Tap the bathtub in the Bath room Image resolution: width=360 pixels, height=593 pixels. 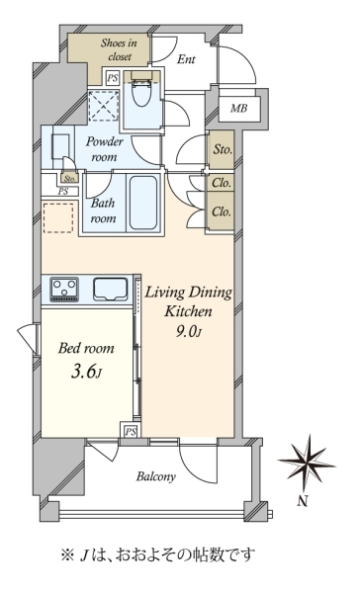pos(143,203)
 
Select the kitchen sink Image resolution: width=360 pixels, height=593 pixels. pos(111,290)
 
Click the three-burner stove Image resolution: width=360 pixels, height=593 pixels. pos(64,290)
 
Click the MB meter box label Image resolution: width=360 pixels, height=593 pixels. pos(239,109)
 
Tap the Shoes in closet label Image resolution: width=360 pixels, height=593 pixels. pos(119,49)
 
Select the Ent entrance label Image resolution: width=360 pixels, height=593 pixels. pos(186,59)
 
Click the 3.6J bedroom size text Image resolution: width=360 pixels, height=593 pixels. pos(87,373)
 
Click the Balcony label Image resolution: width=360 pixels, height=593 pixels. pos(156,476)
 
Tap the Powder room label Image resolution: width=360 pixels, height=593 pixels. pos(105,149)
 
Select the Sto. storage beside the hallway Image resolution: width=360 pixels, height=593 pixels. pos(222,150)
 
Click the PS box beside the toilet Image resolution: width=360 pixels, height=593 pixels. pos(112,78)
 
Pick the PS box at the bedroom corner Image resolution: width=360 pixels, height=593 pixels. pos(131,431)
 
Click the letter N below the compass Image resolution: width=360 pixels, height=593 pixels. pos(302,501)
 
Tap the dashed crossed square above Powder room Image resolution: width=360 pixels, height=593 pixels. pos(103,106)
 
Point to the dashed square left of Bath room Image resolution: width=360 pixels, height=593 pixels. pos(58,217)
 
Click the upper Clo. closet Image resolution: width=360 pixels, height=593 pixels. pos(222,183)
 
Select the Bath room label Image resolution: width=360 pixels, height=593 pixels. pos(103,211)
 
